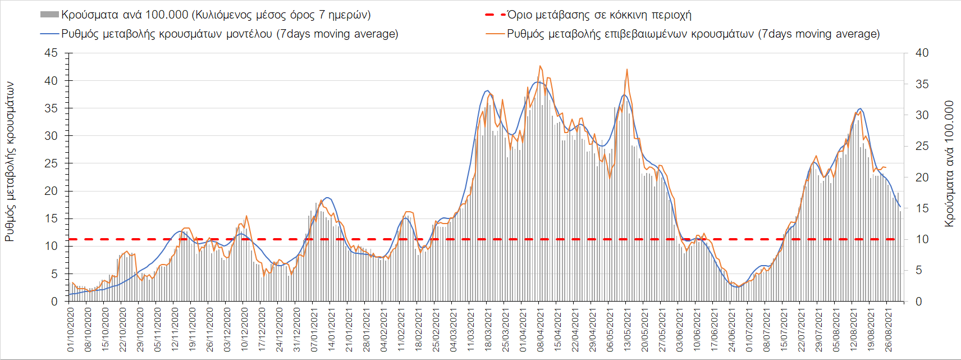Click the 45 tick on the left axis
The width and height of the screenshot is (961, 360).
pos(51,53)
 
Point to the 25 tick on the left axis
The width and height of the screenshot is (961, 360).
pos(51,163)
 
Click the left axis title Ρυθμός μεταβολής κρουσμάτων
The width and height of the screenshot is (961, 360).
pos(10,162)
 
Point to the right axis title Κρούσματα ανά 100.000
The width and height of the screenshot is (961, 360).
pos(949,164)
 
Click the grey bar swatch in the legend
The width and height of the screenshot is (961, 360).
pos(49,15)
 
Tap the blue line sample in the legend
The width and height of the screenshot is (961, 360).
pos(49,34)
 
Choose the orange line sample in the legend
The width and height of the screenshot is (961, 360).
pos(495,34)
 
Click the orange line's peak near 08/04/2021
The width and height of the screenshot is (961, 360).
pos(540,66)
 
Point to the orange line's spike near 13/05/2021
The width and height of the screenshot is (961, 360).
pos(627,69)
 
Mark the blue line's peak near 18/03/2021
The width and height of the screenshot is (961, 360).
pos(487,90)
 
